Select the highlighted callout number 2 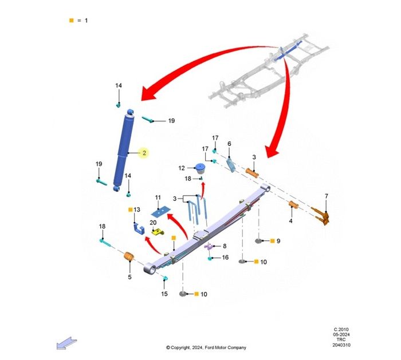coord(144,153)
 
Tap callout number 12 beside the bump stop coord(181,168)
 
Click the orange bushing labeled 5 coord(129,258)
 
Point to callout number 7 coord(327,197)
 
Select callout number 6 coord(229,144)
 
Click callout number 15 coord(164,294)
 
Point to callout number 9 coord(278,241)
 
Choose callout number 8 coord(224,246)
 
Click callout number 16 coord(225,258)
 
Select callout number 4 coord(290,221)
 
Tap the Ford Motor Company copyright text coord(206,347)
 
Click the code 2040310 coord(342,345)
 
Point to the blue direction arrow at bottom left coord(65,342)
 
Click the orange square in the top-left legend coord(72,21)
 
